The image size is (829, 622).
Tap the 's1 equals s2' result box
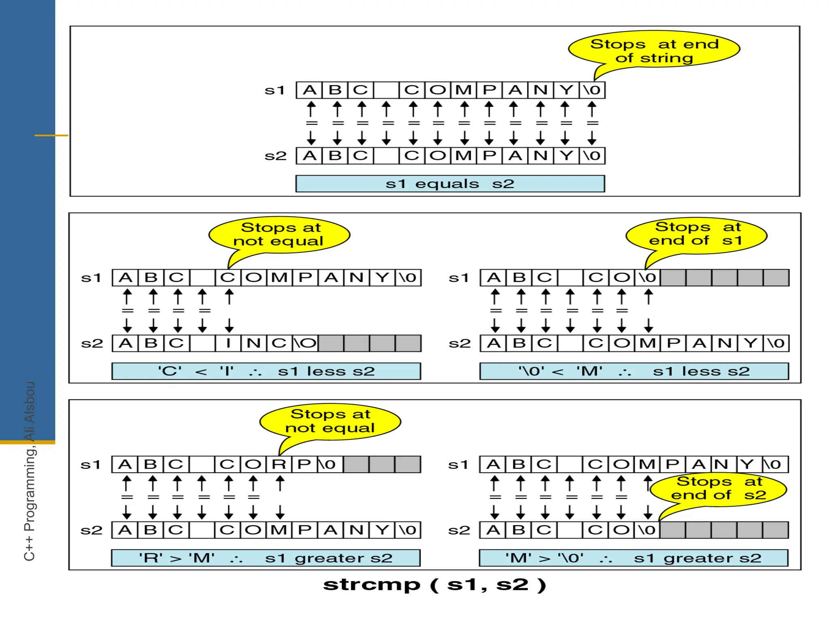coord(450,184)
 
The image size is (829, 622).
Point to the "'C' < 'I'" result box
coord(266,371)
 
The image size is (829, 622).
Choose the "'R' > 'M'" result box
coord(266,558)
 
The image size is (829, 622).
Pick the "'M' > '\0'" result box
coord(633,558)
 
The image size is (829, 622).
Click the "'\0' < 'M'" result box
coord(634,371)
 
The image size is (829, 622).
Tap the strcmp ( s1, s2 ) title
coord(435,585)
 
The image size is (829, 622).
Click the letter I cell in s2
coord(228,343)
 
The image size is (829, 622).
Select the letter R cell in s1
coord(279,464)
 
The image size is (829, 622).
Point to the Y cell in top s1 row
coord(567,90)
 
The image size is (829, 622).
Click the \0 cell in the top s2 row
coord(592,156)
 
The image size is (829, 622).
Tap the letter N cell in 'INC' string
coord(254,343)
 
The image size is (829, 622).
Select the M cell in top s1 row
coord(464,90)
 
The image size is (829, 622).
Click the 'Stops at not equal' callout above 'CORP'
coord(330,422)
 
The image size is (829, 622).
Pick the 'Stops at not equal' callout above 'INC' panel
coord(279,234)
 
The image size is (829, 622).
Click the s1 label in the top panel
coord(275,90)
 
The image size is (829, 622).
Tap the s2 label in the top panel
coord(275,156)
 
